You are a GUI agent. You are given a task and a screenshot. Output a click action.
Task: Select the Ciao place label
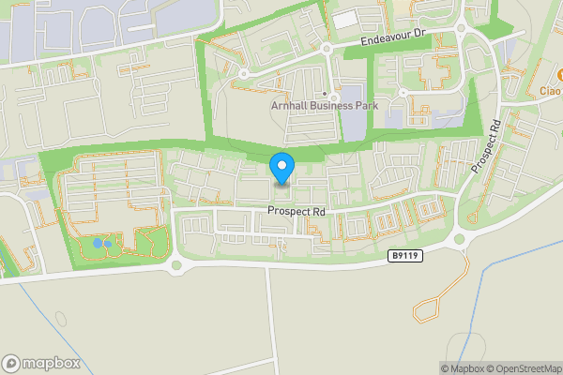click(x=551, y=91)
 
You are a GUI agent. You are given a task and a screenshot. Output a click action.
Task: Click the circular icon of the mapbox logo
click(x=12, y=363)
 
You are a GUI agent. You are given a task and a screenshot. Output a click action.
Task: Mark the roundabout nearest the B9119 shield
click(x=461, y=238)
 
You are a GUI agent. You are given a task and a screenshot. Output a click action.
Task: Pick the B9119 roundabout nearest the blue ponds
click(x=175, y=265)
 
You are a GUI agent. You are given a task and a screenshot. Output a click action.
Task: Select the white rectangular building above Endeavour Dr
click(x=345, y=18)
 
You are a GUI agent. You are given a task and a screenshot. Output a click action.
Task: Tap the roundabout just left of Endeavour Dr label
click(x=327, y=48)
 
